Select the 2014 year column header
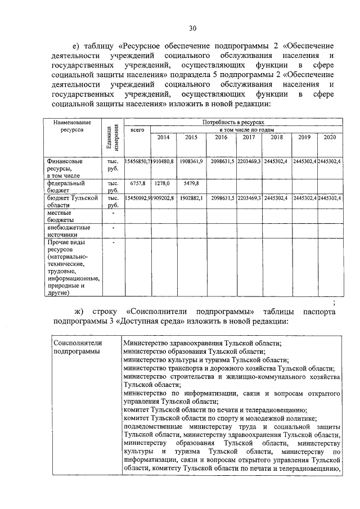[163, 137]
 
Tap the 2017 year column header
[248, 137]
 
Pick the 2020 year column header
[330, 137]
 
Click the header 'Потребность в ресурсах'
[232, 122]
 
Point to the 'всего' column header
[137, 130]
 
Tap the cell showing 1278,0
[163, 183]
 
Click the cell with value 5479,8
[191, 183]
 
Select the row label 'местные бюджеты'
[60, 217]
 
